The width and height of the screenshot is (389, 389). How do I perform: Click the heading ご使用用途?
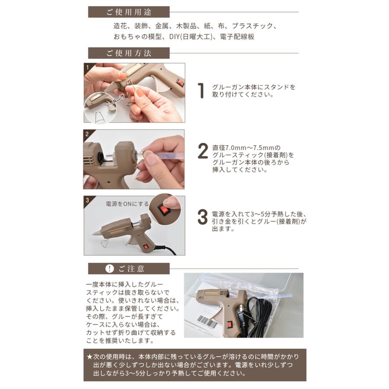tap(129, 12)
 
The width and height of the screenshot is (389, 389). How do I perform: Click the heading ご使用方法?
tap(129, 53)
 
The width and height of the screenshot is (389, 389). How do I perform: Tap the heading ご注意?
tap(131, 269)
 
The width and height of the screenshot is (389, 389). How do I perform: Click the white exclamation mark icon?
tap(109, 268)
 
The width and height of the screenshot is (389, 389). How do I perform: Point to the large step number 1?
tap(201, 91)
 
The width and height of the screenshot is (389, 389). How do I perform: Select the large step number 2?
tap(203, 151)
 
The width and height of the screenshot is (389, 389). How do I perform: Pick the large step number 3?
tap(202, 217)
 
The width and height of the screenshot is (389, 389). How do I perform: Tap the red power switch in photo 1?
tap(179, 82)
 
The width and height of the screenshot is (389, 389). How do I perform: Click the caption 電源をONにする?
tap(127, 204)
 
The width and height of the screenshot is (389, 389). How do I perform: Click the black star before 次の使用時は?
tap(89, 357)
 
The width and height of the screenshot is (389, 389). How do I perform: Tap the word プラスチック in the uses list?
tap(252, 26)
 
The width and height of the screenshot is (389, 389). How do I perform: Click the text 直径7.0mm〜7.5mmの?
tap(246, 148)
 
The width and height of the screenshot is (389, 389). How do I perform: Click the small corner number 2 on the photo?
tap(87, 134)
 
